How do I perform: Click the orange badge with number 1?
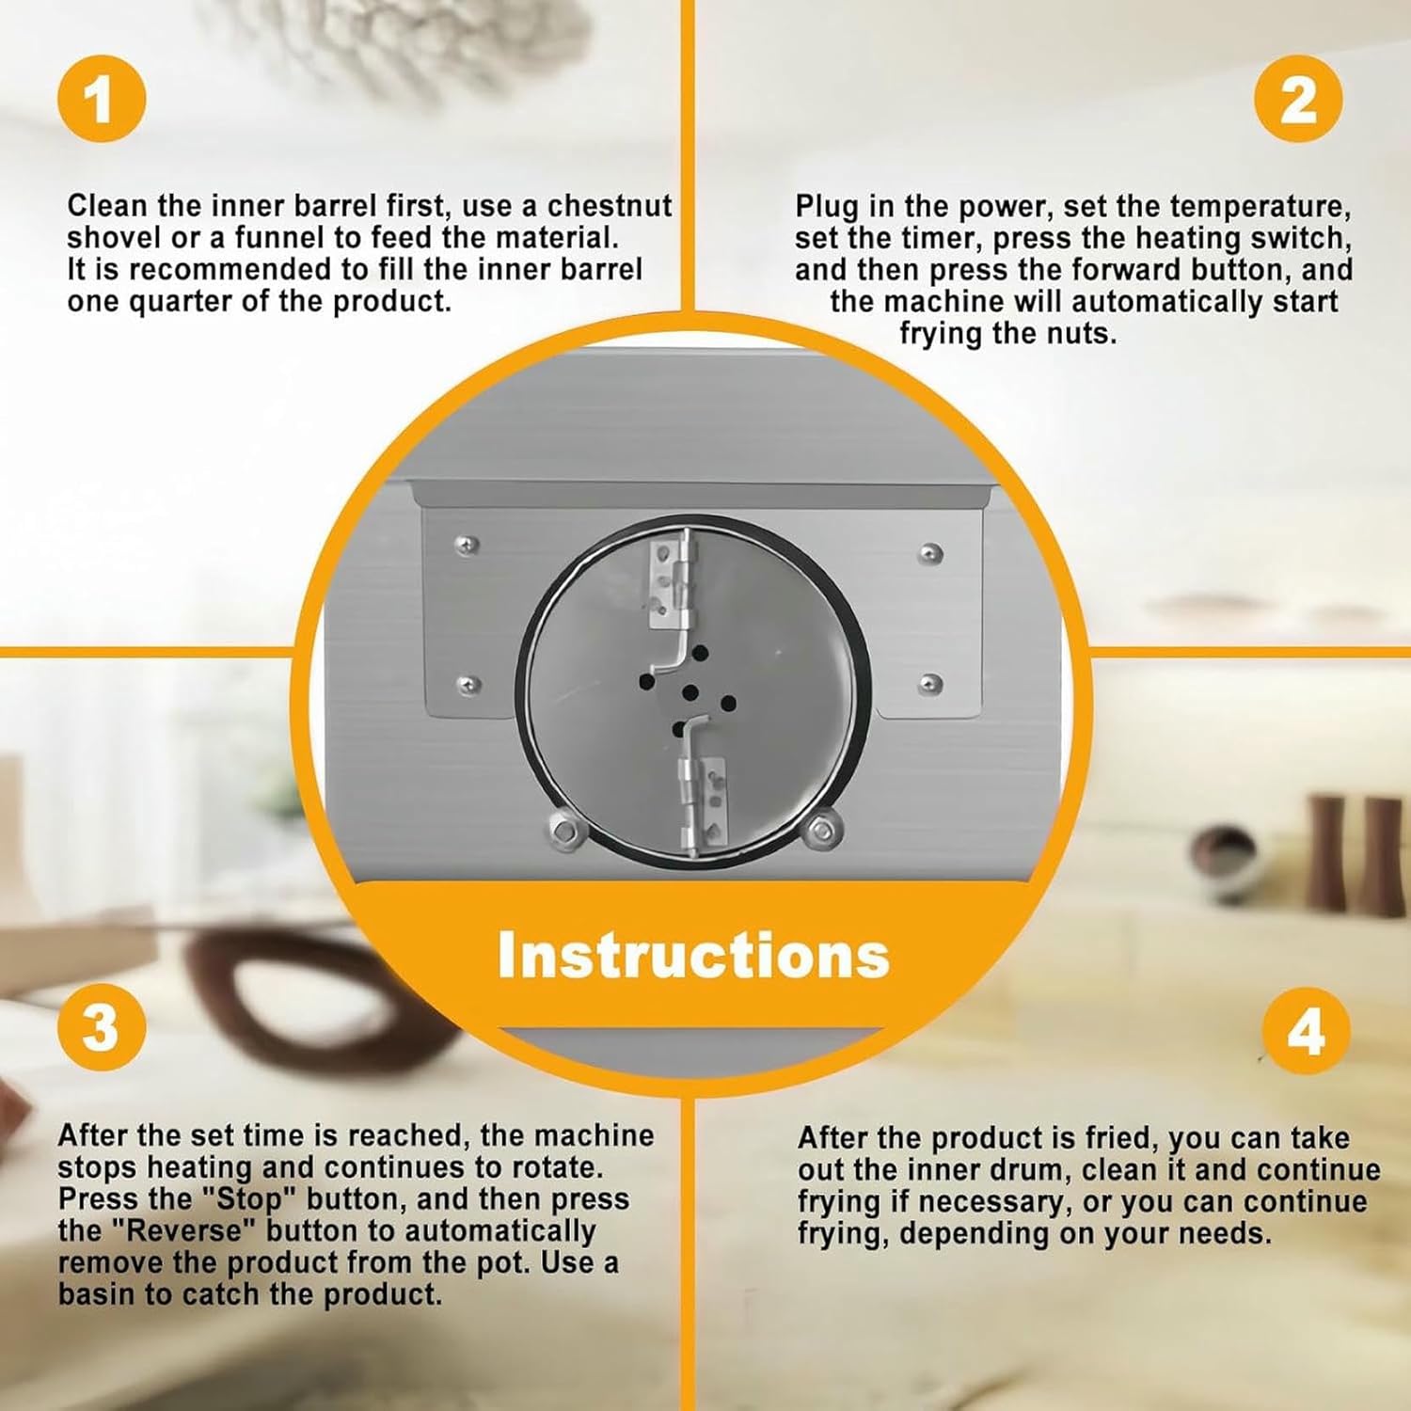pyautogui.click(x=102, y=98)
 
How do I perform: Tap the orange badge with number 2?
pyautogui.click(x=1298, y=98)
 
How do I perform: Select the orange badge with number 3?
pyautogui.click(x=102, y=1027)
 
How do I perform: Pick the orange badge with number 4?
pyautogui.click(x=1306, y=1033)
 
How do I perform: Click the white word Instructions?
pyautogui.click(x=693, y=955)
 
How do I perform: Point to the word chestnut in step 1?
pyautogui.click(x=610, y=206)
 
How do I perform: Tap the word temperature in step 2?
pyautogui.click(x=1261, y=207)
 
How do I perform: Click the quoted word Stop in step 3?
pyautogui.click(x=250, y=1199)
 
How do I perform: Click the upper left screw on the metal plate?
pyautogui.click(x=466, y=546)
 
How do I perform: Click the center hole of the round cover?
pyautogui.click(x=690, y=694)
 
